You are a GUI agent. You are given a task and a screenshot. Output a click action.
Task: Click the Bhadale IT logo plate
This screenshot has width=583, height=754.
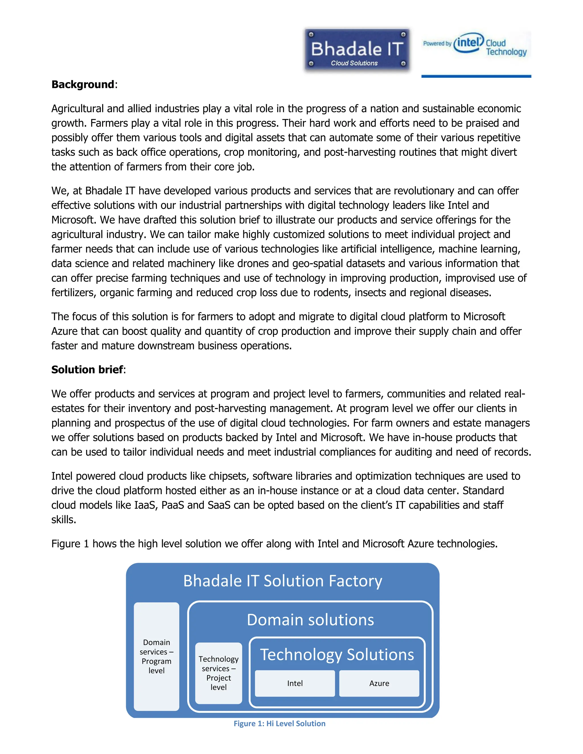[x=357, y=50]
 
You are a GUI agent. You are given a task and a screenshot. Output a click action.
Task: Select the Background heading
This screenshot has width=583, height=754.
[x=83, y=85]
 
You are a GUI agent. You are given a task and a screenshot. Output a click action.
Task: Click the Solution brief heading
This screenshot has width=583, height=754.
[x=87, y=370]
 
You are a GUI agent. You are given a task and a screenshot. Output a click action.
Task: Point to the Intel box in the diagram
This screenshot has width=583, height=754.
[x=295, y=683]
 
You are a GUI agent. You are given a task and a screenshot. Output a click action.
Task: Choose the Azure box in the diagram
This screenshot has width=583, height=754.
[x=379, y=683]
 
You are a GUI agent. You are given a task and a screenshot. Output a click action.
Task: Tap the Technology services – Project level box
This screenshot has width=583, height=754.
[x=218, y=673]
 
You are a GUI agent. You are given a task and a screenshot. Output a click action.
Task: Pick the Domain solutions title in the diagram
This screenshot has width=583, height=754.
[x=310, y=620]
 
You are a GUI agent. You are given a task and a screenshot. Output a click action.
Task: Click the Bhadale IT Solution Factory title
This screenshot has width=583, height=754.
[x=282, y=581]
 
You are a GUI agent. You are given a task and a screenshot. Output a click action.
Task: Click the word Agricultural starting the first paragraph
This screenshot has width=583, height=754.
[x=77, y=109]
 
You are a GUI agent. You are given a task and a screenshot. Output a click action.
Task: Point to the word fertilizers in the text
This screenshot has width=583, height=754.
[x=73, y=293]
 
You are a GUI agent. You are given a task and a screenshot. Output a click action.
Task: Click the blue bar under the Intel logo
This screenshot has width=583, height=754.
[x=476, y=76]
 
